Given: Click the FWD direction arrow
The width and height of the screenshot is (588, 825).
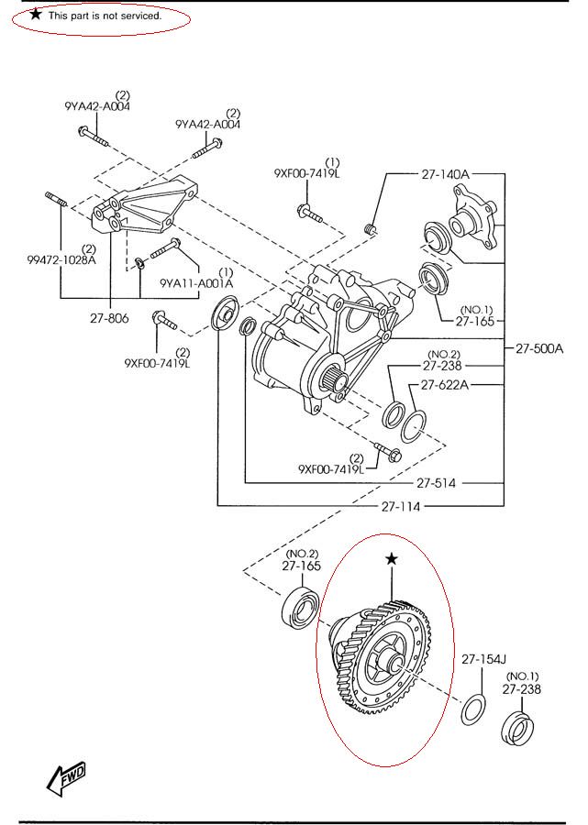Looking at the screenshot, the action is click(x=66, y=777).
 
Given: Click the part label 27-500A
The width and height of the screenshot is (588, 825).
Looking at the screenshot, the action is click(x=539, y=348).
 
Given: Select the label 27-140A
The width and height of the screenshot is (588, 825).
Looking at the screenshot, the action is click(x=445, y=174).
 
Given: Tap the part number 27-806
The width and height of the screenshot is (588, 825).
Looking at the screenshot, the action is click(x=109, y=318).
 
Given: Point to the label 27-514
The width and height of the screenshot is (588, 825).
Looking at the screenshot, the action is click(x=437, y=483).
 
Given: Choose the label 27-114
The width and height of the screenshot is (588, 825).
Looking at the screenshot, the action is click(x=401, y=507).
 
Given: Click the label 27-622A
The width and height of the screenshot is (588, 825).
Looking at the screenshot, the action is click(x=445, y=385).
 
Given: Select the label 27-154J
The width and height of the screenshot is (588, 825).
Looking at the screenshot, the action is click(x=483, y=659).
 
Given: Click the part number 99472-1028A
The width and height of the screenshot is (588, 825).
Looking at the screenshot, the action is click(x=61, y=260).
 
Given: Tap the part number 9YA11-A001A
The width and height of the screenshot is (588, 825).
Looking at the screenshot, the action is click(x=196, y=283).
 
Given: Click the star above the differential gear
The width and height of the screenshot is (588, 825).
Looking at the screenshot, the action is click(x=391, y=559).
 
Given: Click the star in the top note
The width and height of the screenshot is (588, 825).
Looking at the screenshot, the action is click(x=36, y=15).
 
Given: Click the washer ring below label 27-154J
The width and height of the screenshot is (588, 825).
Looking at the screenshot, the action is click(x=474, y=709).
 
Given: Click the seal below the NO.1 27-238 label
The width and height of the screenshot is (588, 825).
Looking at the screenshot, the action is click(x=518, y=731).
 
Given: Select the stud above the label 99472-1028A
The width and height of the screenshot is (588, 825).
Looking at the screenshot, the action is click(x=55, y=200).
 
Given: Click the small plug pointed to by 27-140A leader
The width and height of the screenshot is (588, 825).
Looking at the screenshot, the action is click(x=372, y=229).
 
